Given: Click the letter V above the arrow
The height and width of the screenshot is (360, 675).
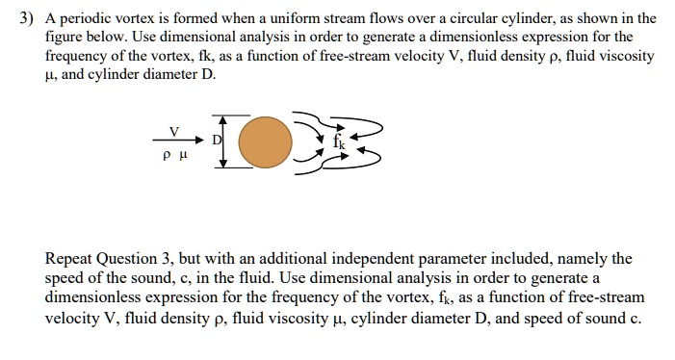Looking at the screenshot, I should click(x=174, y=128).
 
